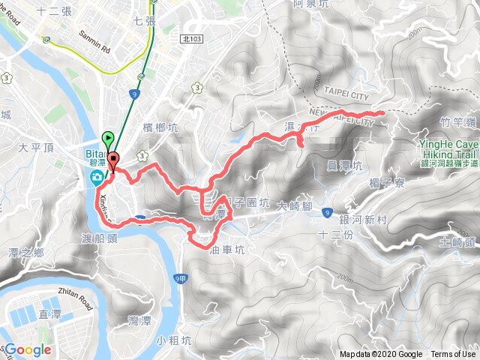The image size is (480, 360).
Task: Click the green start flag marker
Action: point(108,139)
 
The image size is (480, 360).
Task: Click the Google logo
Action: point(28,349)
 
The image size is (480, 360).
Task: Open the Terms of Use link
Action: point(453,355)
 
